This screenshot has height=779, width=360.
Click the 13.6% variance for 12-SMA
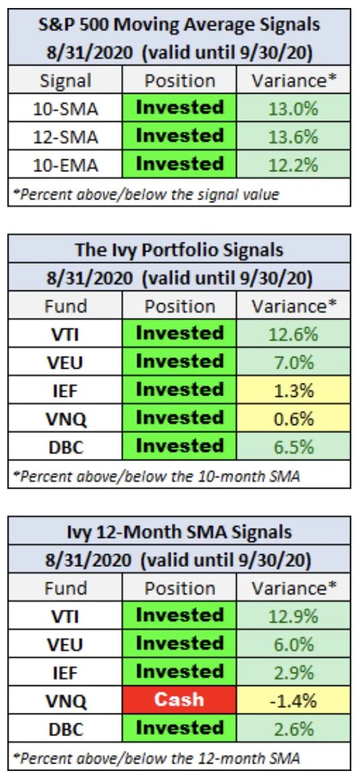coord(292,136)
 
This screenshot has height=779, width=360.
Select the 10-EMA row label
coord(65,164)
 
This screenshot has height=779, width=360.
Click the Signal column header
coord(64,80)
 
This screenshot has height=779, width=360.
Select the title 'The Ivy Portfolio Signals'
coord(179,250)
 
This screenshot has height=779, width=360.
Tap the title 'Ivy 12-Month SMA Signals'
coord(179,533)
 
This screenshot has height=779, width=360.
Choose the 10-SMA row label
coord(65,108)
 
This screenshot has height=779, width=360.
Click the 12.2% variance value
coord(292,164)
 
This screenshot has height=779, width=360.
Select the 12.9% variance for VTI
coord(292,616)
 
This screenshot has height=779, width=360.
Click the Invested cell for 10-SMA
coord(179,107)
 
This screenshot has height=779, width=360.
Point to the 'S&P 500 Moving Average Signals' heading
coord(179,24)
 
